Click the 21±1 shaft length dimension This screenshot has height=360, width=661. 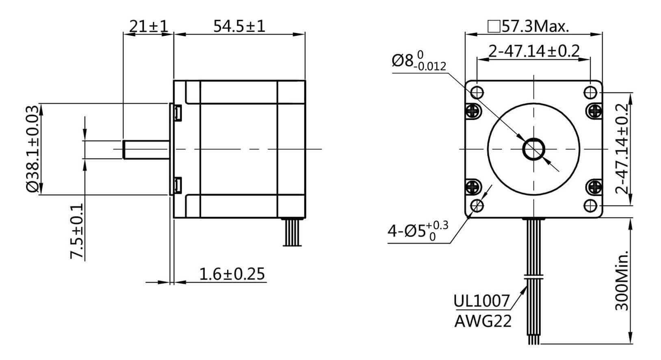tap(148, 26)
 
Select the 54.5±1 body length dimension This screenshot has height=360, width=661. tap(239, 26)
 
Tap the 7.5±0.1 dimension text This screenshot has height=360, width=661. tap(77, 231)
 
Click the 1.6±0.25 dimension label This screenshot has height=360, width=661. tap(232, 274)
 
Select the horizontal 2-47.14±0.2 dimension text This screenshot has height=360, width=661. tap(534, 51)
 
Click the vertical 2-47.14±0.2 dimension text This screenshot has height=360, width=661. tap(622, 149)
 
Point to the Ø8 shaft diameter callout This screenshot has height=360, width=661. tap(418, 61)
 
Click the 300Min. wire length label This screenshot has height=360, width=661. tap(622, 280)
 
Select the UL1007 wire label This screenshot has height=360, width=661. tap(481, 301)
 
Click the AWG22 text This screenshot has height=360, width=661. tap(483, 321)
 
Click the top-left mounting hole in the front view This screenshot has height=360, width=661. tap(477, 93)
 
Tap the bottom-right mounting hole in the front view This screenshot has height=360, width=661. tap(590, 206)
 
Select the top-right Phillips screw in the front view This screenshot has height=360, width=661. tap(595, 110)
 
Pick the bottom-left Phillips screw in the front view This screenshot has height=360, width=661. tap(472, 188)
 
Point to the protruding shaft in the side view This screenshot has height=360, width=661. tap(146, 149)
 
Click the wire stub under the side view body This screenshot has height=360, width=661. tap(292, 232)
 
